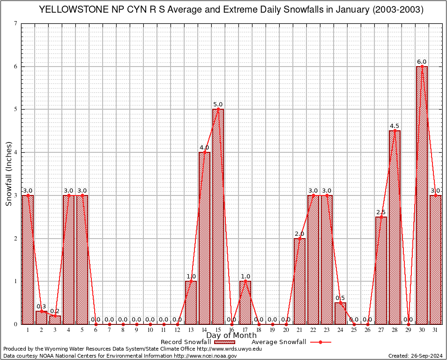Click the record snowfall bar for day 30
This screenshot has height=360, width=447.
(422, 195)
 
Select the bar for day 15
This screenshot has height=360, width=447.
(218, 217)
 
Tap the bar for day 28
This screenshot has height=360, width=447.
(395, 227)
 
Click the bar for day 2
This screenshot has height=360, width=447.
(41, 317)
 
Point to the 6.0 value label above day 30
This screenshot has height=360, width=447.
(422, 62)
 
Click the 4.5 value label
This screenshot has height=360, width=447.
(395, 126)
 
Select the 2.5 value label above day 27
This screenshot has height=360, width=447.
(381, 212)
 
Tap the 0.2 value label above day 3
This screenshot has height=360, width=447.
(55, 311)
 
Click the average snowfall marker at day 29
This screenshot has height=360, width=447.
(408, 324)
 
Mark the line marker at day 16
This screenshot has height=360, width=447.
(231, 324)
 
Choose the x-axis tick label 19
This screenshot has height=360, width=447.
(272, 330)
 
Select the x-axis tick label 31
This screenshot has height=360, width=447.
(435, 330)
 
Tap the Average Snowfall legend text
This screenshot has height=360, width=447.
(278, 342)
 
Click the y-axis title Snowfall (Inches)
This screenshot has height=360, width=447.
(8, 173)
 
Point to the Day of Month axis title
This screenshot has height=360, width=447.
(231, 335)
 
